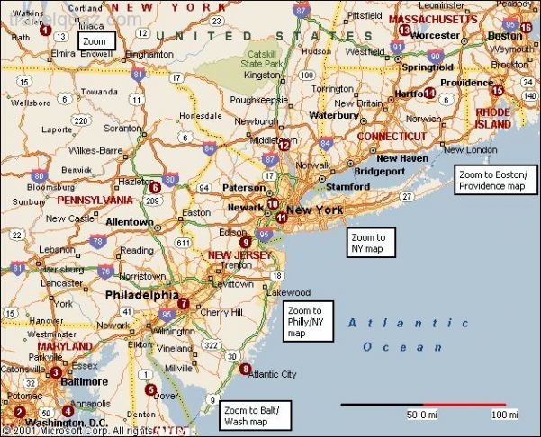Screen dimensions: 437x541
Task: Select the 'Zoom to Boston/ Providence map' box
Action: click(490, 180)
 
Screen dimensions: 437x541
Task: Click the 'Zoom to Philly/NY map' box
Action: click(306, 322)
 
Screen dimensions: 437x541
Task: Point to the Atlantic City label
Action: click(274, 374)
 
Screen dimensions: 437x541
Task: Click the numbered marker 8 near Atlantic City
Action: click(246, 369)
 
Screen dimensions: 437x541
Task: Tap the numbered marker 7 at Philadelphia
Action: click(184, 303)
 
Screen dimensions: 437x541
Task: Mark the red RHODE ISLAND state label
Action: click(493, 118)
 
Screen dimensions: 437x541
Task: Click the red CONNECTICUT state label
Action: click(392, 136)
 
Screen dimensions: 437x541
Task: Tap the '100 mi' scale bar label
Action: click(505, 415)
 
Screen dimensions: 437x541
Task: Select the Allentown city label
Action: click(130, 221)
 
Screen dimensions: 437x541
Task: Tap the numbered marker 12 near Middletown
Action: click(284, 145)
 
